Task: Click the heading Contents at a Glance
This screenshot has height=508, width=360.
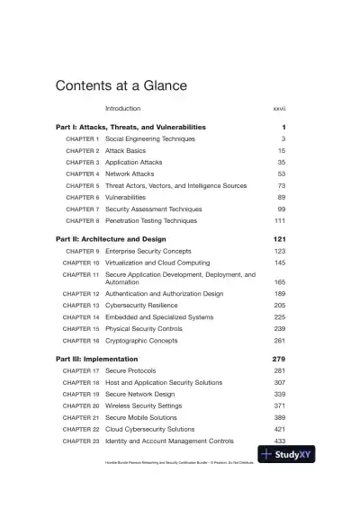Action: tap(121, 86)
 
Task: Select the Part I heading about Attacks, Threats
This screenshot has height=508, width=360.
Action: tap(130, 127)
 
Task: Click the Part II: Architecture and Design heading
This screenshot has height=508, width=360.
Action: tap(111, 239)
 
